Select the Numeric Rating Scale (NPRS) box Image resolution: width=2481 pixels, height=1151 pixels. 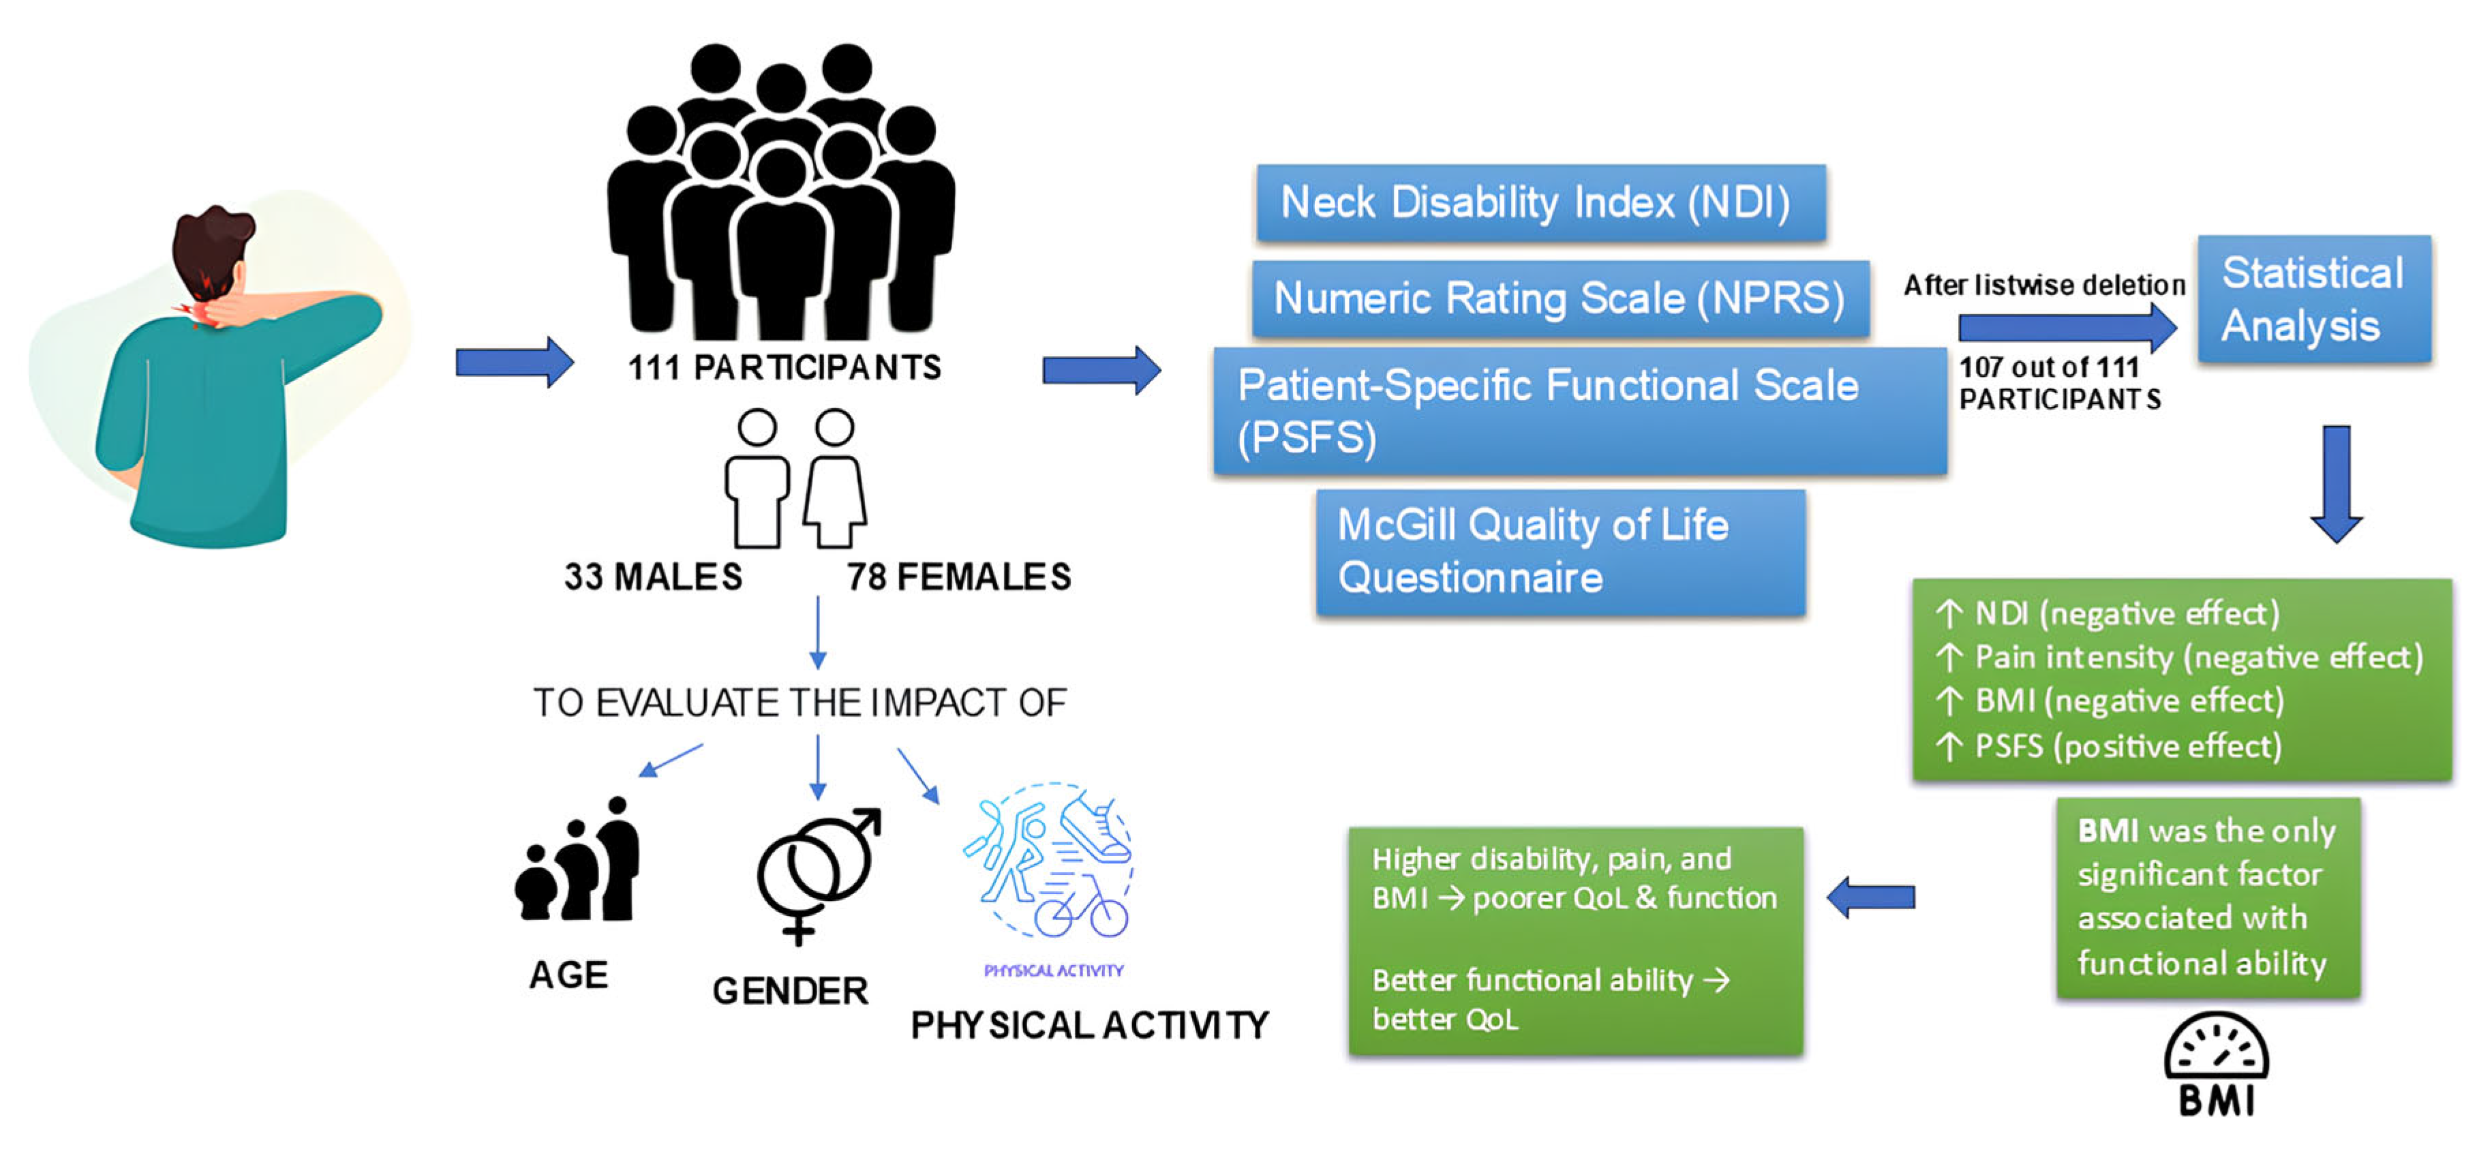click(x=1559, y=298)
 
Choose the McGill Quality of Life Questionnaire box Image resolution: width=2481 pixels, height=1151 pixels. click(x=1560, y=551)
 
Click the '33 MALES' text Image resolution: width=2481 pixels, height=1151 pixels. click(x=653, y=577)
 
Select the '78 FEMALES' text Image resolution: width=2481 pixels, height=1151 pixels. click(x=958, y=577)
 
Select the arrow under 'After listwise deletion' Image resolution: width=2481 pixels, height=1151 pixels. click(x=2066, y=328)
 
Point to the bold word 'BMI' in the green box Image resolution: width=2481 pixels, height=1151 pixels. click(x=2107, y=830)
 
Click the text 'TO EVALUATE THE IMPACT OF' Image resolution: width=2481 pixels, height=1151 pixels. click(x=800, y=703)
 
